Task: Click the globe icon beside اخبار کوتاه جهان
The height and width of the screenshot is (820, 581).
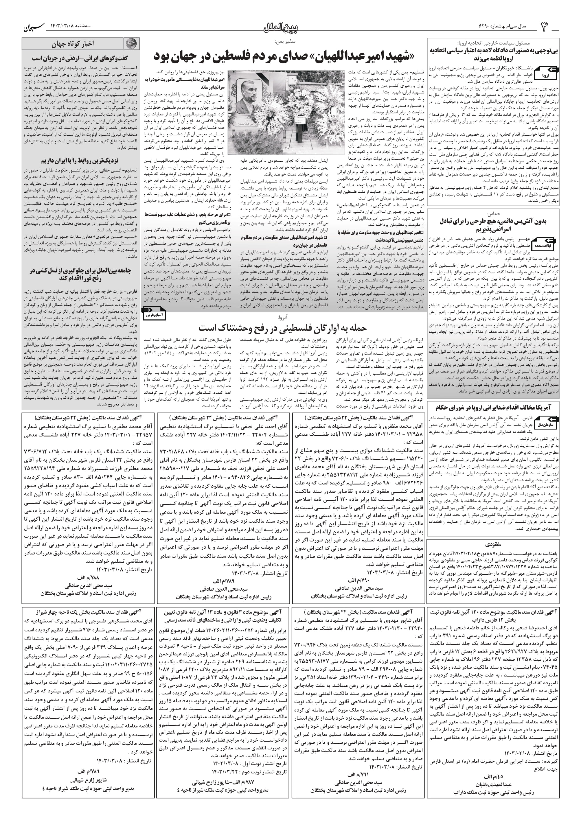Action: coord(131,44)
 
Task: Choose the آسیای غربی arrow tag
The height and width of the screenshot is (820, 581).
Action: coord(155,313)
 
